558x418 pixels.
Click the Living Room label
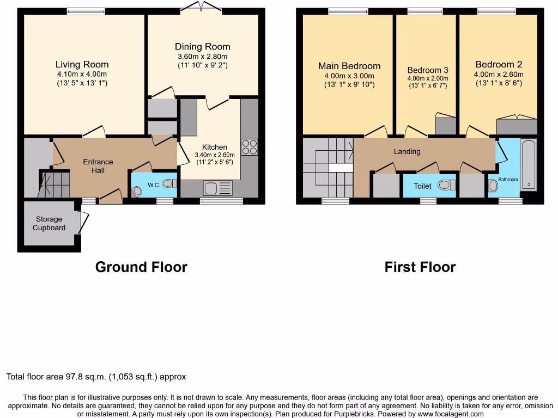(82, 64)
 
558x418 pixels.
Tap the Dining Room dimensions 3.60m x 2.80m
(202, 57)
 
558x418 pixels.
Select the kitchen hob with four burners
(250, 147)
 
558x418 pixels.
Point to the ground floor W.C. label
(154, 185)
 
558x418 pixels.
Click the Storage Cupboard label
(49, 224)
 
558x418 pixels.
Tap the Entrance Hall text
(98, 166)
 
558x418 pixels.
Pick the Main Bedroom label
(349, 66)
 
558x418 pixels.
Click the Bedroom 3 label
(428, 70)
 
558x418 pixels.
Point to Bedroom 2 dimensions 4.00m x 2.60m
(499, 75)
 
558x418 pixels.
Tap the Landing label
(407, 151)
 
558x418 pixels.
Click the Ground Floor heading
(141, 267)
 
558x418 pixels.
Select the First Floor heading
(420, 267)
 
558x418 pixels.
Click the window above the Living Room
(86, 10)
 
